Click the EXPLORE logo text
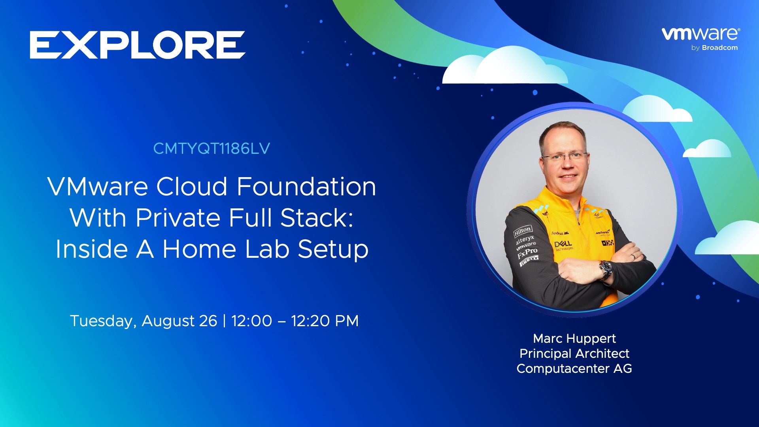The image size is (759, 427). point(137,45)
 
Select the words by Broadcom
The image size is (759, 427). point(714,48)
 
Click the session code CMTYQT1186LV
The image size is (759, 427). point(211,149)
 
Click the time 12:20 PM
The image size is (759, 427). point(325,321)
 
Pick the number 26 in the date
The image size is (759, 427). point(208,321)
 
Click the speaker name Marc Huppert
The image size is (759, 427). point(574,339)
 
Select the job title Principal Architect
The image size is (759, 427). point(574,353)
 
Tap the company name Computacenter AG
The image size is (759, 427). point(574,368)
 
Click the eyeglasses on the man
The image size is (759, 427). point(565,157)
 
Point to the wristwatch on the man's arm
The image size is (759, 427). point(606,270)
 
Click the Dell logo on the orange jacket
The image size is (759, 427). point(563,245)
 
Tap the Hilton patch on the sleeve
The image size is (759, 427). point(523,231)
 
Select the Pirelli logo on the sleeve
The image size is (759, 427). point(529,261)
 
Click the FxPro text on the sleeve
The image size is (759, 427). point(527,253)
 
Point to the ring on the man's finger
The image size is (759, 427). point(633,257)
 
